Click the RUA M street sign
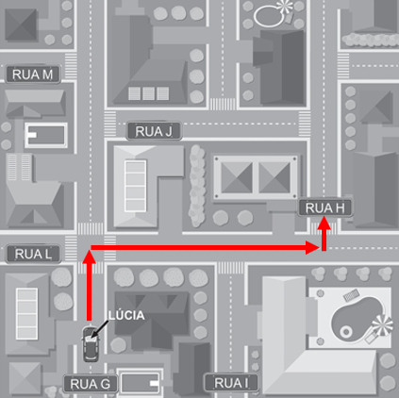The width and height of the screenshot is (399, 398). [33, 75]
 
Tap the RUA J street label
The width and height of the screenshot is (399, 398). [154, 131]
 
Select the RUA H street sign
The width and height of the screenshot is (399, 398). [325, 207]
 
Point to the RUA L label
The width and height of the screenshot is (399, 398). [33, 254]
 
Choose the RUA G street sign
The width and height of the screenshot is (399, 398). [91, 384]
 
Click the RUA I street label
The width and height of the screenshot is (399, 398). [231, 383]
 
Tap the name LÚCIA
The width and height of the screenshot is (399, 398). [126, 315]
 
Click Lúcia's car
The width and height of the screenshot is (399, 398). [91, 344]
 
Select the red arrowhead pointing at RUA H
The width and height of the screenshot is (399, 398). [324, 224]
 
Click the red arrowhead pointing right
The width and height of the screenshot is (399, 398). [312, 247]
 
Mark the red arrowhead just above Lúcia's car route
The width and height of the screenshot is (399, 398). [89, 257]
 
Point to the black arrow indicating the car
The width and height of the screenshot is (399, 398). [99, 330]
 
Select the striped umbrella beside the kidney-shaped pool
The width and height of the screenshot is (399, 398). [382, 326]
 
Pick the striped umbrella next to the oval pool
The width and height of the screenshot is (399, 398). [285, 7]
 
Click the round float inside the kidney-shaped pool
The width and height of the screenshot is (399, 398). [346, 332]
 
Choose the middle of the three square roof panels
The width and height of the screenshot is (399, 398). [148, 93]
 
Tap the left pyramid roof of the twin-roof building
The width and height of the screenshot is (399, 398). [237, 177]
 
